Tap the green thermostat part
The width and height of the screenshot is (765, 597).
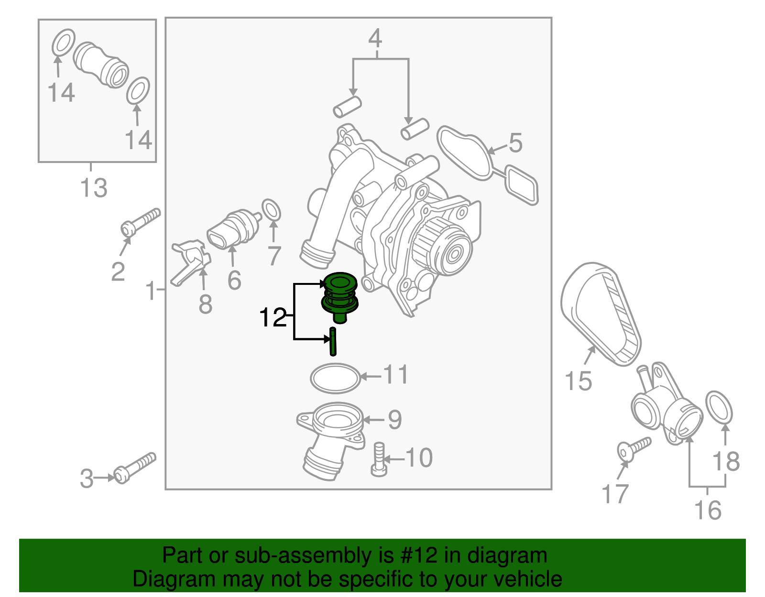click(x=339, y=296)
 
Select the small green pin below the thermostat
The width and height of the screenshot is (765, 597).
click(x=333, y=341)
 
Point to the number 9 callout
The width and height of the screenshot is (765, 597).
click(x=394, y=419)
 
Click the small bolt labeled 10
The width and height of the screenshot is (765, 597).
click(x=379, y=458)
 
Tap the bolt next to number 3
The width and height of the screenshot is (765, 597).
click(x=135, y=468)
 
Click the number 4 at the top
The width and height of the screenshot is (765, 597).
click(x=375, y=38)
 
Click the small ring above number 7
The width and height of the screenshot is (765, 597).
click(x=272, y=210)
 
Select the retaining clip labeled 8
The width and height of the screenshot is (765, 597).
click(x=190, y=263)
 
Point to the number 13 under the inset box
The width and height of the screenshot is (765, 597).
click(x=94, y=188)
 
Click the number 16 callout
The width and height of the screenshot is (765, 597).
click(x=708, y=510)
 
